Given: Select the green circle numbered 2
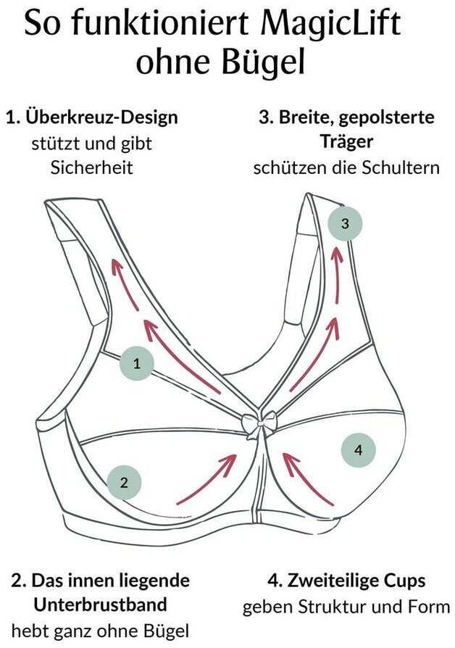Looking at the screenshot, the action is tap(124, 482).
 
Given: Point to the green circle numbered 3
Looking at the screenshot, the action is tap(345, 224).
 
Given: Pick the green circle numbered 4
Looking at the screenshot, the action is tap(358, 450).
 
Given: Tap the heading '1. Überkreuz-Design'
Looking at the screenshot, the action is tap(91, 117).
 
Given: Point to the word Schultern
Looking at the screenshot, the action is tap(401, 167).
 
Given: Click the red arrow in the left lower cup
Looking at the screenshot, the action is tap(208, 478).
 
